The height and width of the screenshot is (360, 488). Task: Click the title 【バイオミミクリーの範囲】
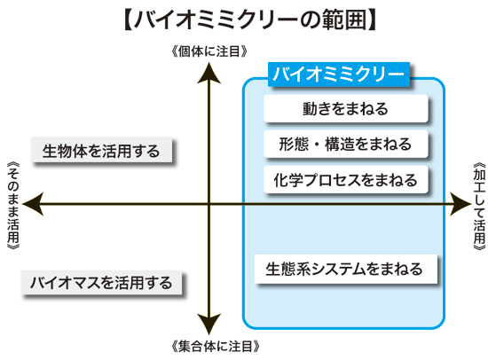coord(250,20)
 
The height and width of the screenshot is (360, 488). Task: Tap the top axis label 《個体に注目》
coord(209,51)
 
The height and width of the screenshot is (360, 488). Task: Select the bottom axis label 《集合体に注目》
coord(216,346)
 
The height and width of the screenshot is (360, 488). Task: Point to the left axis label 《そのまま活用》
coord(13,206)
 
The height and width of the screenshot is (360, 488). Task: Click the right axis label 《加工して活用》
coord(479,206)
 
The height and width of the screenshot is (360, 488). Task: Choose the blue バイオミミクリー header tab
coord(339,74)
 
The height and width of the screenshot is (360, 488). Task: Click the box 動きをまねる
coord(346,108)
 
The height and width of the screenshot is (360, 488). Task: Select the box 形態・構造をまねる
coord(346,144)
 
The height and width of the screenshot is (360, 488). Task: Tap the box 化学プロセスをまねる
coord(346,179)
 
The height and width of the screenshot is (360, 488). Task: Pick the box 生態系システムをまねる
coord(346,269)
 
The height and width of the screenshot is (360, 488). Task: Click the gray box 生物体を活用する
coord(101,150)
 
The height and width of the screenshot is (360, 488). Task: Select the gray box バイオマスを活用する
coord(101,283)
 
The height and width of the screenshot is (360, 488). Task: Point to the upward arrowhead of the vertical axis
coord(209,73)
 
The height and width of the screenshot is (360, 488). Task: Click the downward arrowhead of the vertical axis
coord(209,325)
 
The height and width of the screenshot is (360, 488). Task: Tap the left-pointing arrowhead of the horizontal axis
coord(33,204)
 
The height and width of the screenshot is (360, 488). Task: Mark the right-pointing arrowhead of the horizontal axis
coord(460,204)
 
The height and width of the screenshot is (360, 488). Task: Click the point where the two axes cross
coord(209,204)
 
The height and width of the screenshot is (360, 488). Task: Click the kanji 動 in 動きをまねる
coord(310,108)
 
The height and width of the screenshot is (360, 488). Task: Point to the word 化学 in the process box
coord(288,180)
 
